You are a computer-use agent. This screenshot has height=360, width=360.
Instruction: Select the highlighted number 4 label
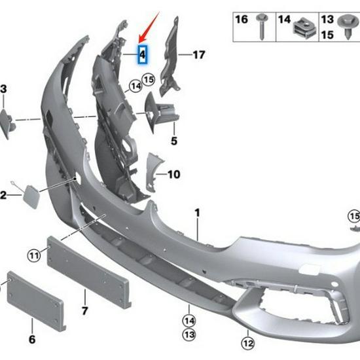click(x=142, y=56)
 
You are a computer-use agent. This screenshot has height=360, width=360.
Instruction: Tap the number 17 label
click(x=198, y=55)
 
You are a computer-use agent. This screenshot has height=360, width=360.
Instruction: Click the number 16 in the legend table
click(x=242, y=19)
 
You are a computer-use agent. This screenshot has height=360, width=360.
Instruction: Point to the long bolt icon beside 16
click(x=262, y=25)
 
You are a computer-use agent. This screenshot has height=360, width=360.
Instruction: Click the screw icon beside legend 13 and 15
click(x=346, y=26)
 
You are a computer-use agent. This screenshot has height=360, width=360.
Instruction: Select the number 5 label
click(x=174, y=141)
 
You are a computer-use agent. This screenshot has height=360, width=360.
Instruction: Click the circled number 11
click(x=34, y=253)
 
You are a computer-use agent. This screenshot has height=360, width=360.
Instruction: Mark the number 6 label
click(x=32, y=340)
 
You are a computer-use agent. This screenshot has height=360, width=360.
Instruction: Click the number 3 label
click(x=3, y=88)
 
